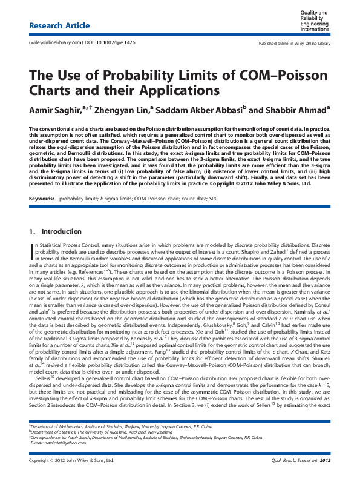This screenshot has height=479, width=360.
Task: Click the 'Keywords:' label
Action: [42, 198]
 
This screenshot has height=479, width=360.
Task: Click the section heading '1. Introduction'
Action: [54, 231]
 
